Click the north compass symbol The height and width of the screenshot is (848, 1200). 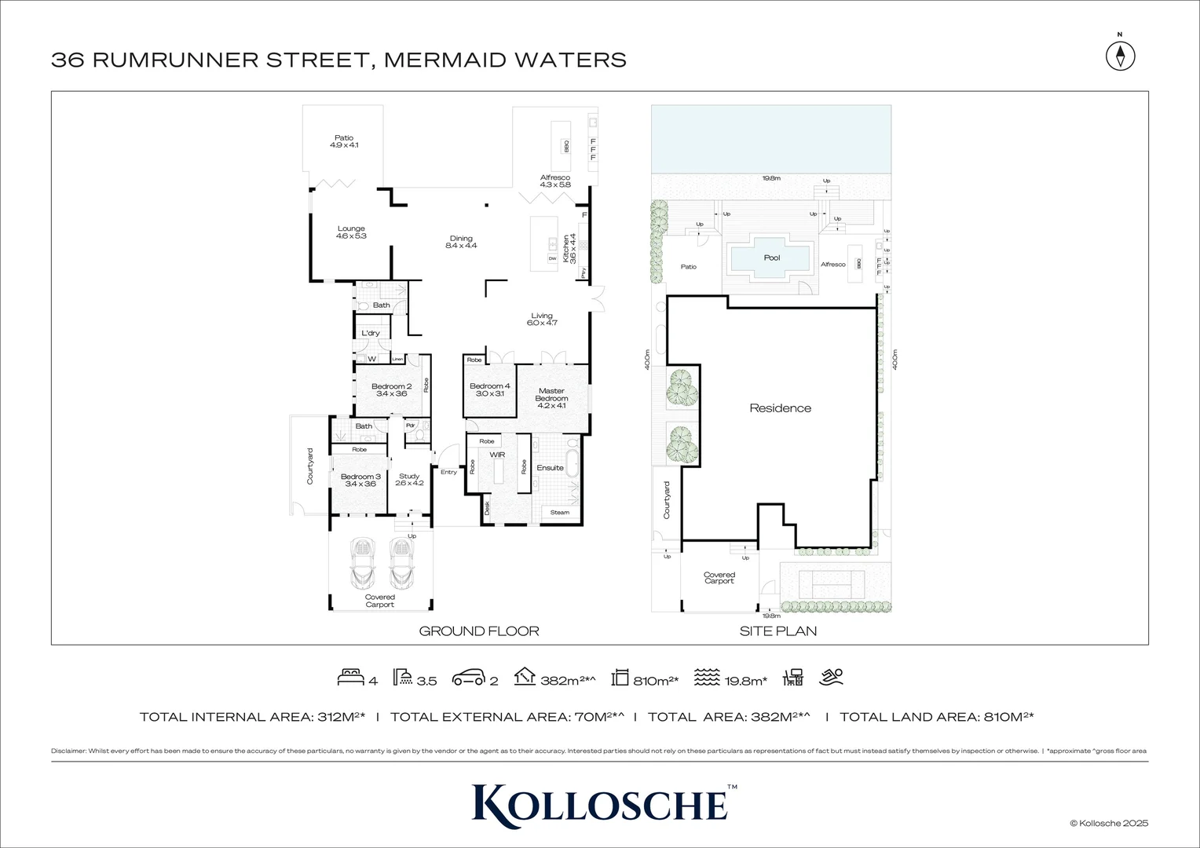[x=1121, y=56]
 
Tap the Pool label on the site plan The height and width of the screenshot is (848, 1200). [x=772, y=258]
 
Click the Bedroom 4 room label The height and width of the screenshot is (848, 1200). [x=489, y=389]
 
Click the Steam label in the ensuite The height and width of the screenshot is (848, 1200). [x=559, y=513]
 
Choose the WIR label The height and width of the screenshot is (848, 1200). [x=496, y=455]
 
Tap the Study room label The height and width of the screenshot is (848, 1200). [x=409, y=480]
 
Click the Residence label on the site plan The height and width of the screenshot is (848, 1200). [x=780, y=408]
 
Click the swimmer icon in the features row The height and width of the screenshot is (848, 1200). [x=832, y=677]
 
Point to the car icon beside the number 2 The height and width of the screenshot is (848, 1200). [x=468, y=678]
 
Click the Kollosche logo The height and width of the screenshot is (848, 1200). [x=600, y=802]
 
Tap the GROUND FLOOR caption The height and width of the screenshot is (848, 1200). [x=478, y=631]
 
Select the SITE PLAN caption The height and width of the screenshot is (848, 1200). [x=777, y=631]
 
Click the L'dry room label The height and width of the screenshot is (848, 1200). [x=370, y=333]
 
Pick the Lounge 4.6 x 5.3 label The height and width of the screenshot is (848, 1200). [x=351, y=232]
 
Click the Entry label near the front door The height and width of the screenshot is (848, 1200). [x=448, y=472]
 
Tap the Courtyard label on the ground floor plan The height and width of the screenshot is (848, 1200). [x=309, y=466]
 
